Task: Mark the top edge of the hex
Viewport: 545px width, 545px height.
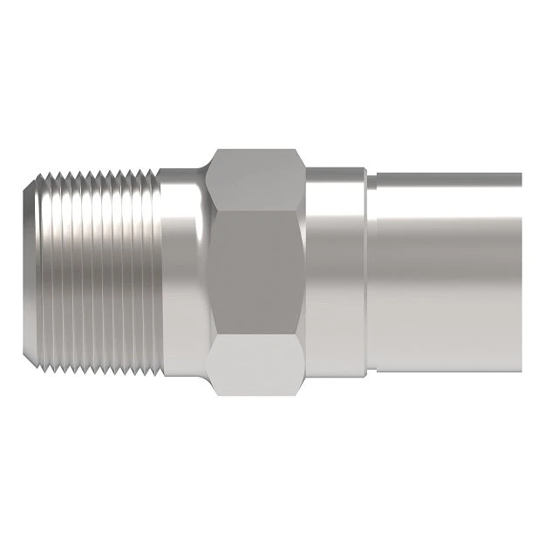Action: click(257, 151)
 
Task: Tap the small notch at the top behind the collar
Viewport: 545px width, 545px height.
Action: click(370, 178)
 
